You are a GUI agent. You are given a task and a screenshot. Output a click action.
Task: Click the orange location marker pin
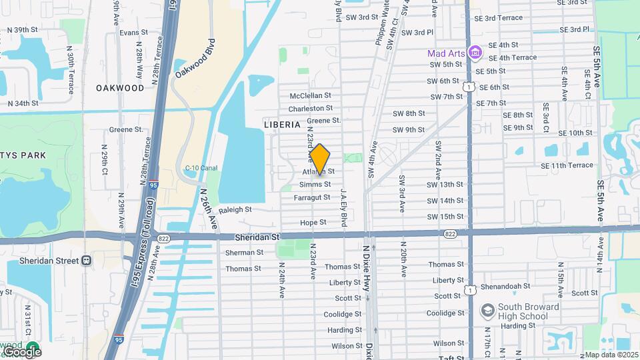[320, 158]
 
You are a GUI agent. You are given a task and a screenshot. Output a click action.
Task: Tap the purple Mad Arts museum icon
[475, 51]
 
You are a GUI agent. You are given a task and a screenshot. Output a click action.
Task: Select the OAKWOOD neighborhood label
[120, 88]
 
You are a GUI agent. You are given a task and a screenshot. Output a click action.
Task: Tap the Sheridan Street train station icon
[87, 261]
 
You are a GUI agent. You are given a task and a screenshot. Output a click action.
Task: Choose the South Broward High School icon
[487, 311]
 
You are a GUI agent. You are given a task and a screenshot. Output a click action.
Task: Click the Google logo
[21, 351]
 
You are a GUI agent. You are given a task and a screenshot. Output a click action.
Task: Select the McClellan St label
[311, 96]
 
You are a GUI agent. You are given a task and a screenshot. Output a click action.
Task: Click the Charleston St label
[311, 108]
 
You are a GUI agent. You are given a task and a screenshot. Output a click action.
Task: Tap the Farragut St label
[312, 197]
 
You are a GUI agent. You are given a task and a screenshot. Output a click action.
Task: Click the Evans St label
[133, 32]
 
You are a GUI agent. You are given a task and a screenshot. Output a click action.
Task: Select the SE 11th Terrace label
[568, 165]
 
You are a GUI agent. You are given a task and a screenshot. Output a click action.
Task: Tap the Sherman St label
[245, 253]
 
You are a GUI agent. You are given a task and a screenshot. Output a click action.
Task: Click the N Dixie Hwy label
[366, 263]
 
